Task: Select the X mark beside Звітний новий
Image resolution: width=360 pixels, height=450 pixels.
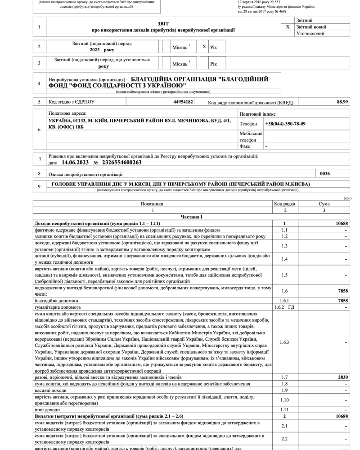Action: pos(288,27)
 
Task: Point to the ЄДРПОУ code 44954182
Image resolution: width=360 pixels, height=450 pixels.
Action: pos(183,102)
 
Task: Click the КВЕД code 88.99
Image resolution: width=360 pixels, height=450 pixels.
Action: pos(342,102)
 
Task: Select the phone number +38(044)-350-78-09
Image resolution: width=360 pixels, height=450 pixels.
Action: pos(285,124)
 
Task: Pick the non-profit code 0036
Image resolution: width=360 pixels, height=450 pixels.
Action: pos(325,173)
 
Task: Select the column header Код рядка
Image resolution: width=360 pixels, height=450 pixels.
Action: pos(284,204)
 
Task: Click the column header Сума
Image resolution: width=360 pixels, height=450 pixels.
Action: pos(324,204)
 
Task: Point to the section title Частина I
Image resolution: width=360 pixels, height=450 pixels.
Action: pos(191,217)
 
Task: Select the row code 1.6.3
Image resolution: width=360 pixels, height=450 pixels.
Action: pos(284,342)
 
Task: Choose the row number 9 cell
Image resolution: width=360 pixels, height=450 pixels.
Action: pos(39,186)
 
